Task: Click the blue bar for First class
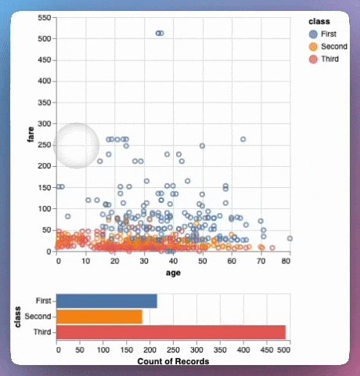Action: point(107,301)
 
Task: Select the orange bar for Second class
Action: point(100,316)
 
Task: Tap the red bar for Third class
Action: point(171,332)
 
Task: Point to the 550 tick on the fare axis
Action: point(45,17)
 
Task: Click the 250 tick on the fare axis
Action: point(45,145)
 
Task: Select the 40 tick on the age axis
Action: point(172,260)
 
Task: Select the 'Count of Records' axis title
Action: point(172,362)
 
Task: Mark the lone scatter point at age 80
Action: point(290,238)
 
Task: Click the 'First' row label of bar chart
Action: point(45,301)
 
